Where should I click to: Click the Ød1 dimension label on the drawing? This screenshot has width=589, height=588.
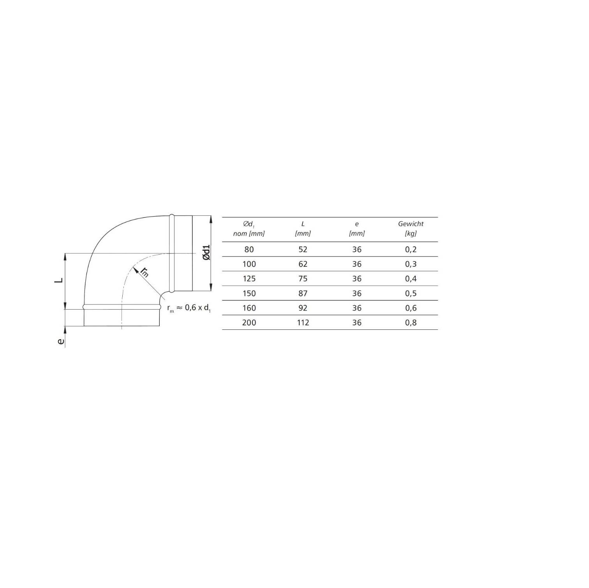tap(206, 253)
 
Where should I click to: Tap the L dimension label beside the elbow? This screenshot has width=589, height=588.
tap(59, 280)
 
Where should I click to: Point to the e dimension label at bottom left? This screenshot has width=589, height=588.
tap(60, 341)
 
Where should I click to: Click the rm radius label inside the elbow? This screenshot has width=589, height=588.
tap(145, 272)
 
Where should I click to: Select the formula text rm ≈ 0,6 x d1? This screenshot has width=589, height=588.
tap(189, 308)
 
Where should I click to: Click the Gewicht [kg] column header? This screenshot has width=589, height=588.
tap(411, 229)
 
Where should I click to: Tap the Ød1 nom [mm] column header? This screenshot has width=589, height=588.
tap(249, 229)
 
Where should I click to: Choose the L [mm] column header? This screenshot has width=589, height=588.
tap(303, 229)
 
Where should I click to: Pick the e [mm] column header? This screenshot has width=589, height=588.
tap(357, 229)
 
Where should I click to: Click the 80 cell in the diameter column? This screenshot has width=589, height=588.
tap(249, 250)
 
